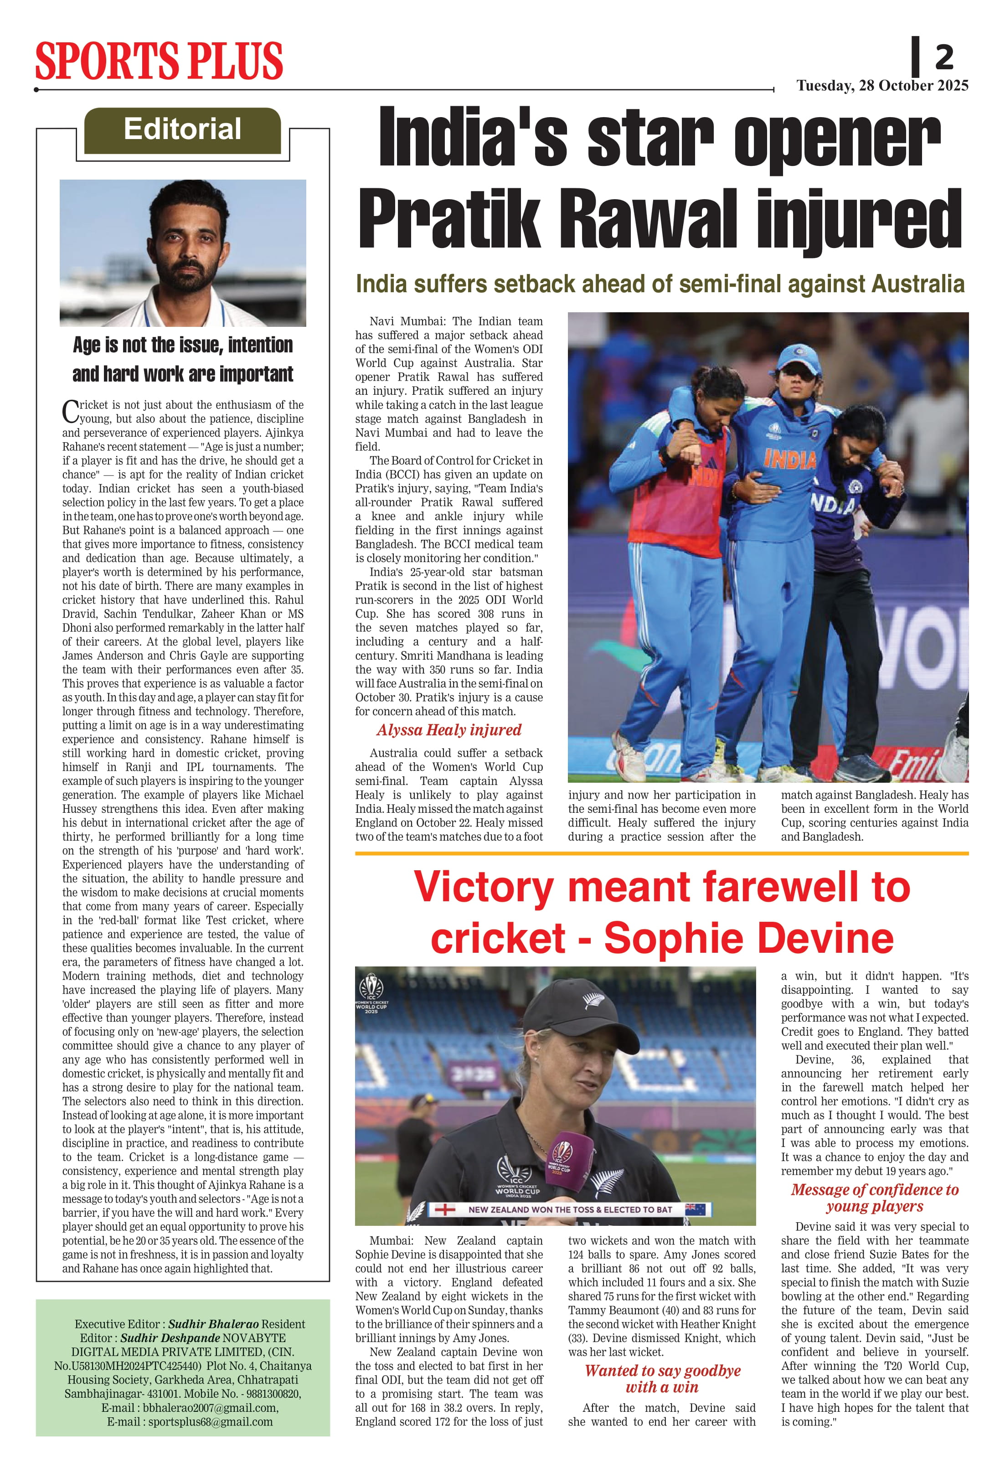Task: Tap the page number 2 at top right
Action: (943, 57)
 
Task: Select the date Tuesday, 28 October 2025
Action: (882, 86)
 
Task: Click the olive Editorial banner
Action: (182, 130)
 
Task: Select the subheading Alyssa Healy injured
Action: (448, 730)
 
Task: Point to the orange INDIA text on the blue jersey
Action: (790, 459)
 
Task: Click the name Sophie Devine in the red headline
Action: (748, 938)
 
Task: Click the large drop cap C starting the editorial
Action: (70, 411)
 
